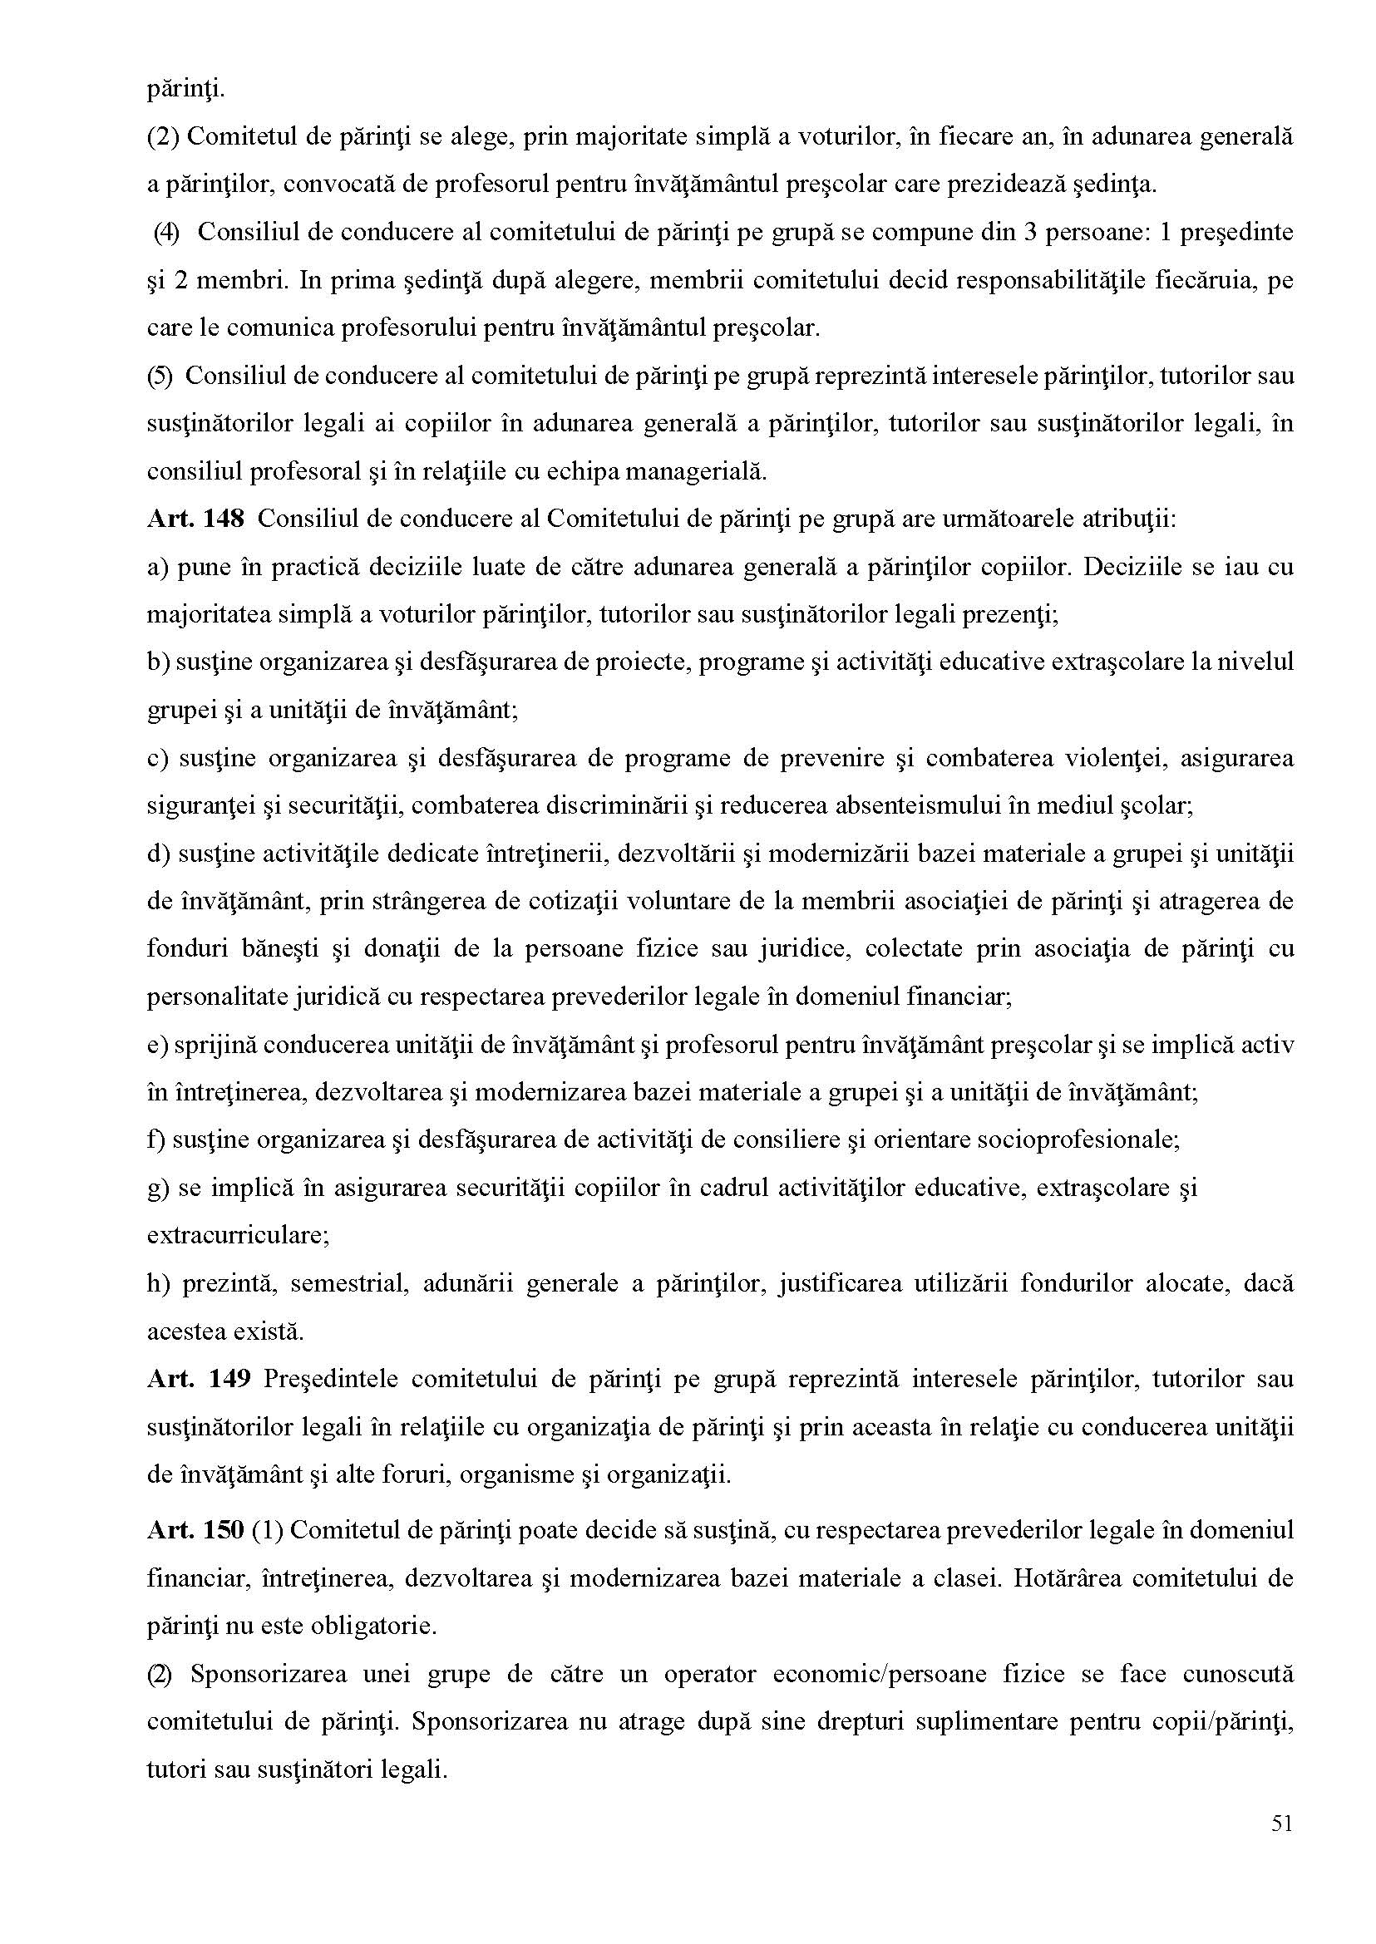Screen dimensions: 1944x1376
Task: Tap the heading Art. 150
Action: [195, 1531]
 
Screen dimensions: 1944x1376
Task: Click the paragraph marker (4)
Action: [167, 233]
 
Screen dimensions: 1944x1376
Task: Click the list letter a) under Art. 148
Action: [158, 567]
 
